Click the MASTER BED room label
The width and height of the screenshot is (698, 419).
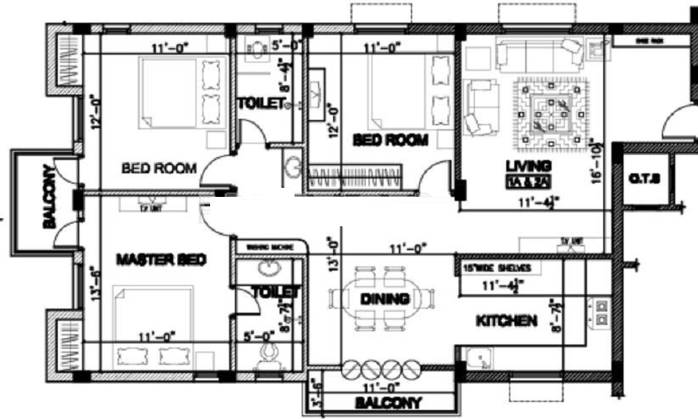[161, 260]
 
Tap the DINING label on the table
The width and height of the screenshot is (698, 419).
[384, 299]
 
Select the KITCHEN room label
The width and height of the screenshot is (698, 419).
[506, 321]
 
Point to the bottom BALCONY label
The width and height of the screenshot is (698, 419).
[388, 403]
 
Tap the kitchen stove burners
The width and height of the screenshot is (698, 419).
[600, 312]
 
